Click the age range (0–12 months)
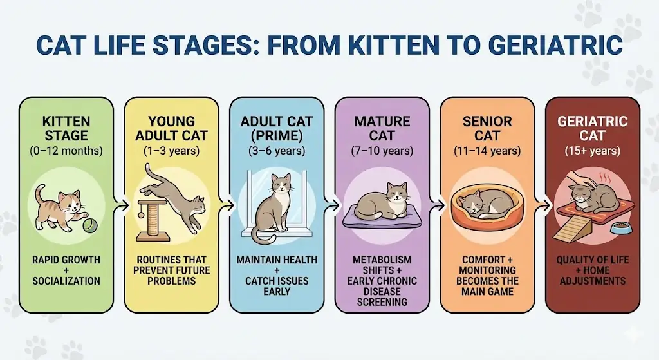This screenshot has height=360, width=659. [x=66, y=151]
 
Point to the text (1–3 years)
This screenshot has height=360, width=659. [x=171, y=151]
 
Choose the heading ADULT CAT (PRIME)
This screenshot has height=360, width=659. [x=276, y=128]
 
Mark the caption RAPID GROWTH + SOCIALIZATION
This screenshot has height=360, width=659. [x=66, y=270]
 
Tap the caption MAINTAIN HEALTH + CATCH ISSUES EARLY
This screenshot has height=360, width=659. [x=276, y=275]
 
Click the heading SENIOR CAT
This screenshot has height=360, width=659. [x=487, y=128]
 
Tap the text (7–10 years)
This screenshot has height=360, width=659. [x=382, y=151]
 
